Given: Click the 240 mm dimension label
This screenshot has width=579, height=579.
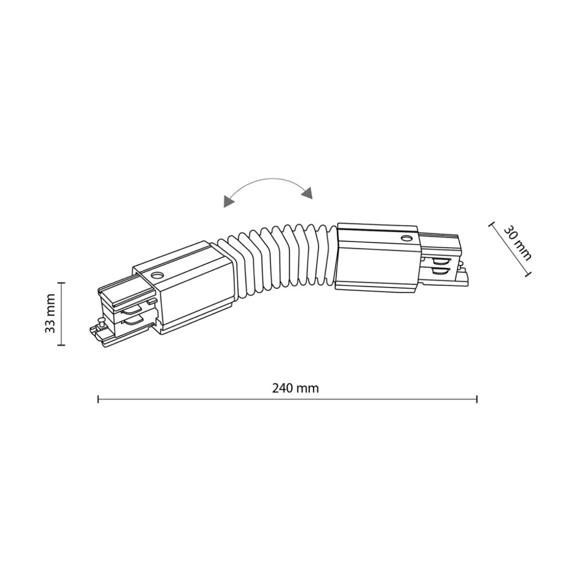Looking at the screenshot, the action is click(295, 388).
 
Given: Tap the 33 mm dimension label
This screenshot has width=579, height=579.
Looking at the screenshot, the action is click(50, 313).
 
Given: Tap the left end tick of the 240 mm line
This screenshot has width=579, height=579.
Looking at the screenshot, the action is click(98, 399).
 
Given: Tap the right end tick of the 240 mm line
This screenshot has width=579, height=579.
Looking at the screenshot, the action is click(477, 399).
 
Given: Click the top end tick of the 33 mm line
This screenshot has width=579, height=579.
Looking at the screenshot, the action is click(61, 283).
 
